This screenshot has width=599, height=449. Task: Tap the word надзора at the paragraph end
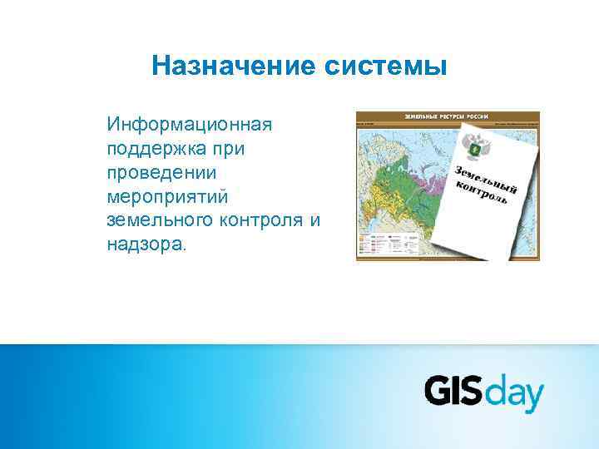[x=146, y=245]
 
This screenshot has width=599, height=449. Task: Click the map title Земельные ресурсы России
[x=446, y=116]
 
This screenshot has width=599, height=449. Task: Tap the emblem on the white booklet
[x=478, y=147]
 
